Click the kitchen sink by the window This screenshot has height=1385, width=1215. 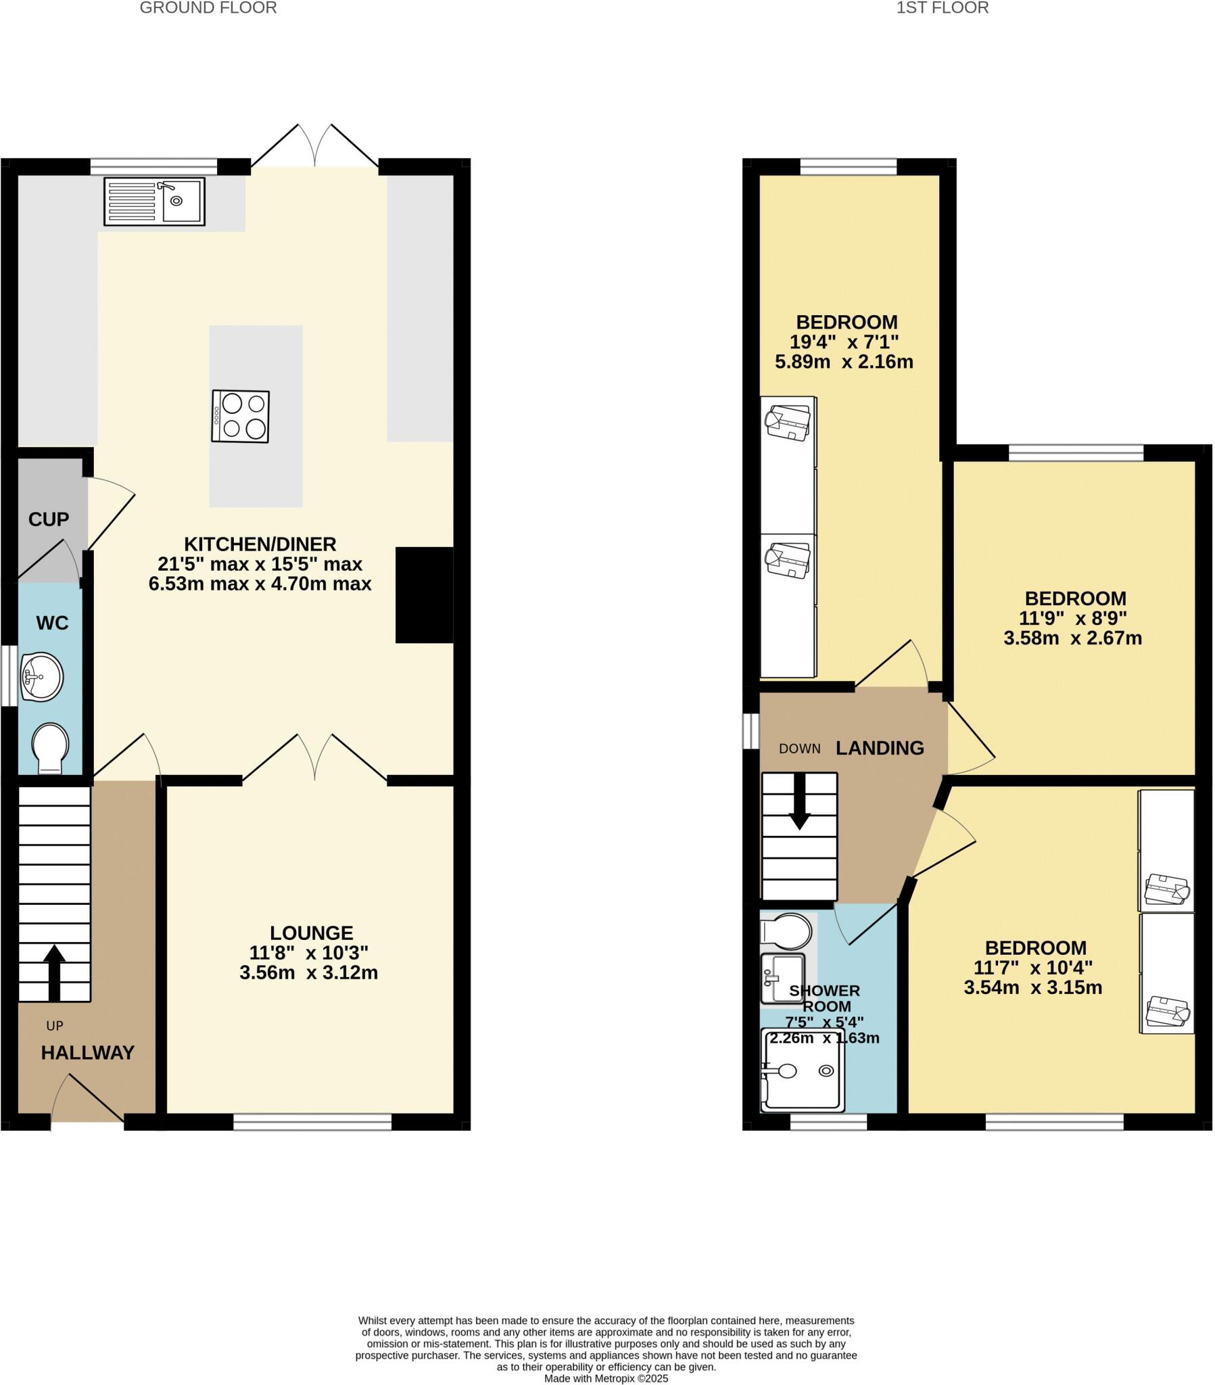tap(154, 202)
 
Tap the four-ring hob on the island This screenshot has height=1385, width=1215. tap(240, 416)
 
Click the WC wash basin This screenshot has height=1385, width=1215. tap(41, 676)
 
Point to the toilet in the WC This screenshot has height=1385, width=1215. tap(50, 747)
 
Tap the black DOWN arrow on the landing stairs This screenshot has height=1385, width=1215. tap(799, 801)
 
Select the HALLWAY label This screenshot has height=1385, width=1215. tap(87, 1052)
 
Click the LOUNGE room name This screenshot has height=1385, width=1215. tap(311, 933)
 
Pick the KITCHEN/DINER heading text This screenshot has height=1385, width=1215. tap(260, 544)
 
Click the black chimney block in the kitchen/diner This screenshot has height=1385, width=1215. tap(424, 594)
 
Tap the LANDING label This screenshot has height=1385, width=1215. tap(879, 747)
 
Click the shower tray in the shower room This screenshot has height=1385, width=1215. tap(803, 1071)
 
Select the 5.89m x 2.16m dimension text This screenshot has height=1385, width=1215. tap(844, 361)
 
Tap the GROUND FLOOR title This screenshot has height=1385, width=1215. tap(208, 8)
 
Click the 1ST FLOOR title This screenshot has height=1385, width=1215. tap(942, 8)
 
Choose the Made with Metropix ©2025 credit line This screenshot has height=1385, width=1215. tap(606, 1378)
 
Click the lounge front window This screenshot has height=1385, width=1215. tap(312, 1122)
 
